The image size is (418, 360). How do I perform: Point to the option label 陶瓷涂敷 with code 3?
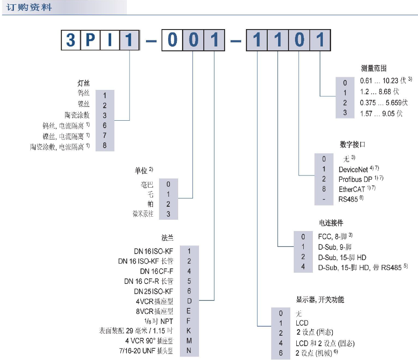[x=78, y=115]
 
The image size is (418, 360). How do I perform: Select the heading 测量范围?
[x=373, y=69]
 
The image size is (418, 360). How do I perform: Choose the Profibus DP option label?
[x=355, y=179]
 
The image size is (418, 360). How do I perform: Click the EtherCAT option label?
[x=352, y=189]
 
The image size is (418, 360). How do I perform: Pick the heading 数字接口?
[x=352, y=145]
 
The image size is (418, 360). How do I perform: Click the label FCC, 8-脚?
[x=332, y=237]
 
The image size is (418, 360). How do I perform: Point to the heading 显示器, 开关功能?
[x=320, y=299]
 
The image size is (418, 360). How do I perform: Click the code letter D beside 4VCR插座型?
[x=189, y=301]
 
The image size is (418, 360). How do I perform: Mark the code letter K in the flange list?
[x=189, y=331]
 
